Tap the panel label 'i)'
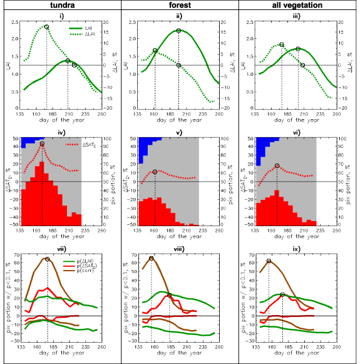[61, 15]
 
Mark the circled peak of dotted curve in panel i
[46, 28]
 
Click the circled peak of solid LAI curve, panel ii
[178, 31]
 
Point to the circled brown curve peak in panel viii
[152, 258]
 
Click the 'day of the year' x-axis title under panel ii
[179, 119]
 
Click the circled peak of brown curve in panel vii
[47, 259]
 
